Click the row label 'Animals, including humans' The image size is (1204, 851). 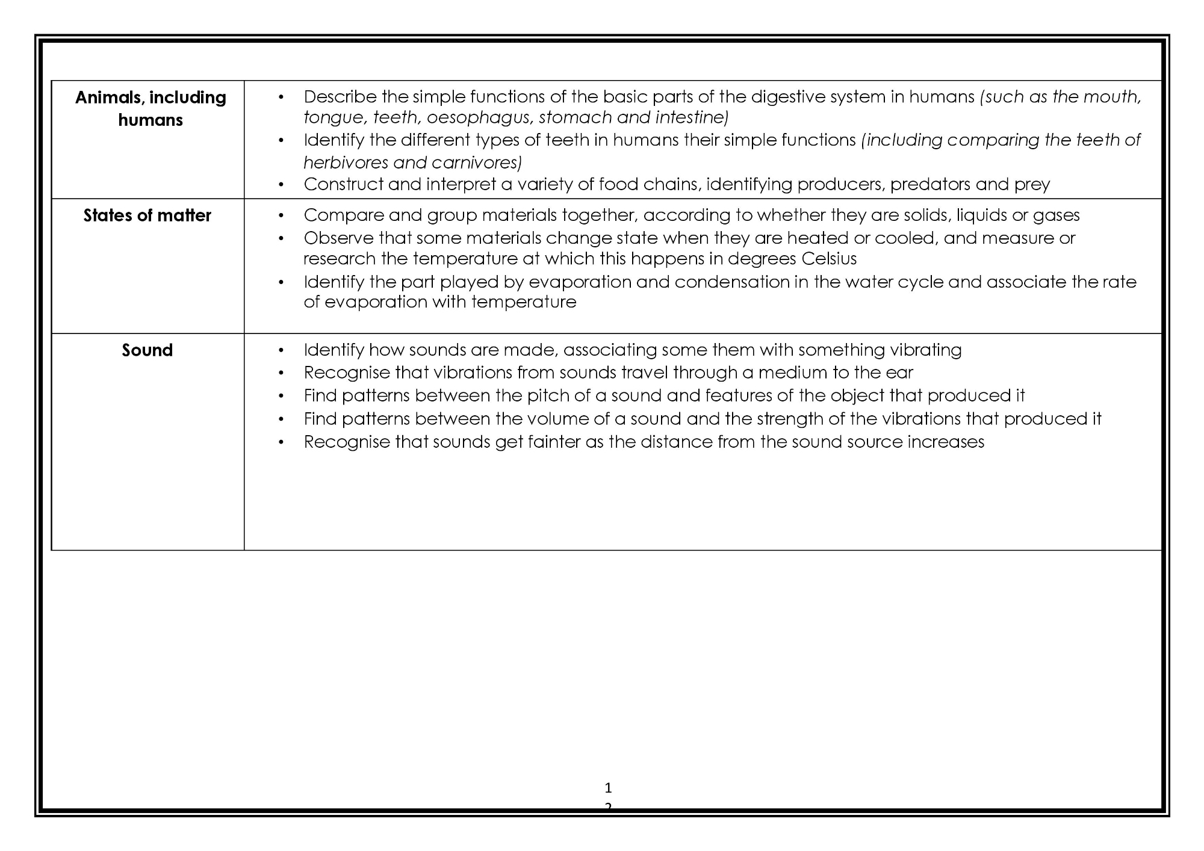150,108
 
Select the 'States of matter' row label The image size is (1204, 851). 147,215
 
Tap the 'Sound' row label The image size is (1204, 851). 147,350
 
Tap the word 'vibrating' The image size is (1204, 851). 925,350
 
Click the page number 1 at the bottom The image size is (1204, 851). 608,788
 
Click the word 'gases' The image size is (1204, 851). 1056,215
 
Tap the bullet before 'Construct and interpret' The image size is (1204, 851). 281,185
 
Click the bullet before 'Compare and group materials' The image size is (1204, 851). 281,216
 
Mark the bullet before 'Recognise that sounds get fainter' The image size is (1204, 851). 281,442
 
